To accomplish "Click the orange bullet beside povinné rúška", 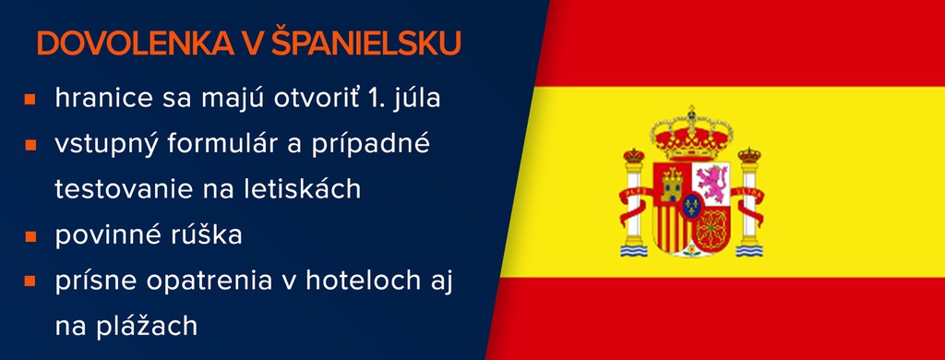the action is pos(30,235).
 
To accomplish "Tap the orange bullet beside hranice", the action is pos(30,100).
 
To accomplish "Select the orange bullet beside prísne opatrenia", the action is pos(30,281).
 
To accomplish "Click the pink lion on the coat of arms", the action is pos(711,182).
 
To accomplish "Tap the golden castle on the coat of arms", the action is pos(672,184).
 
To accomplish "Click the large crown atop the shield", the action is pos(691,134).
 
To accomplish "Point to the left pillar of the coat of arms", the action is pos(633,202).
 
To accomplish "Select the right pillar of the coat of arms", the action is pos(749,202).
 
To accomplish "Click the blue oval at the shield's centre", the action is pos(691,207).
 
